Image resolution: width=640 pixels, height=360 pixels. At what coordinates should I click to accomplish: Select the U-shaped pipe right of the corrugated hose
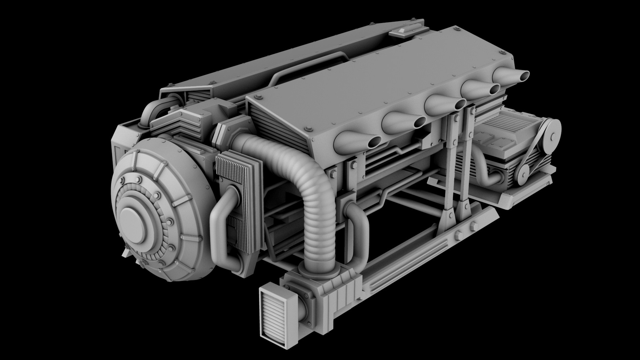pos(358,230)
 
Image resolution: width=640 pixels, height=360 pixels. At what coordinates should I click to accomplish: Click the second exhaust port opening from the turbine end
pos(419,123)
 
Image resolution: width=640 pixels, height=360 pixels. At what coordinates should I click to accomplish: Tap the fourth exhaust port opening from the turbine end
pos(494,89)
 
